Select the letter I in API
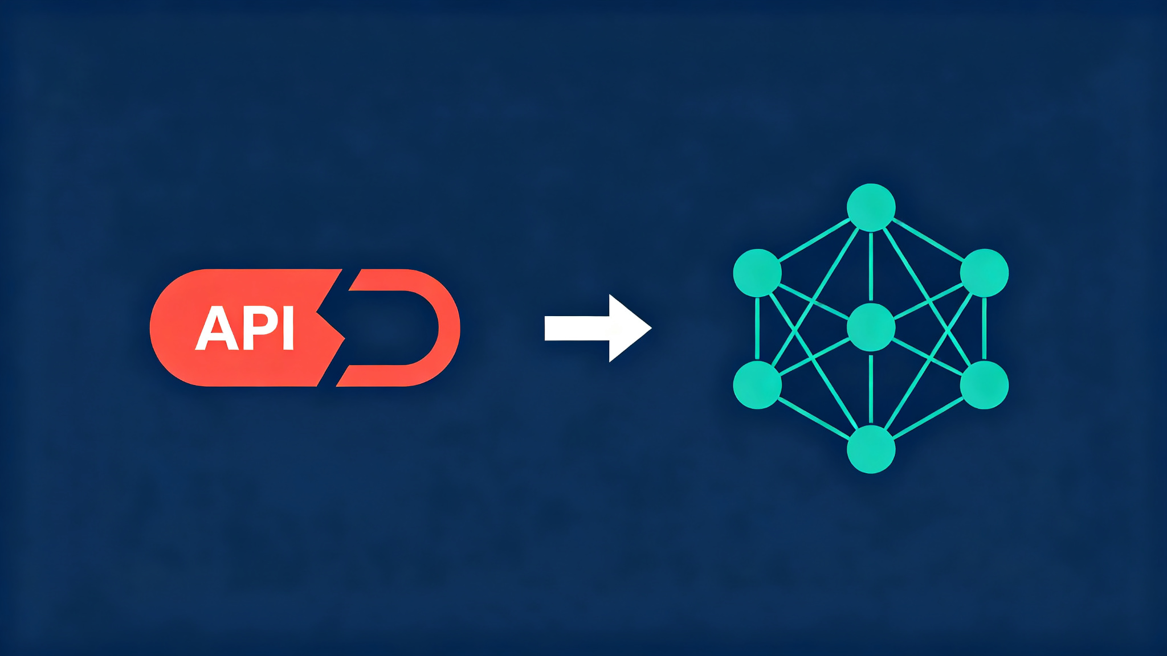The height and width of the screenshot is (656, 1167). point(288,328)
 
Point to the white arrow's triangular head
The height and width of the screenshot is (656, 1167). point(627,328)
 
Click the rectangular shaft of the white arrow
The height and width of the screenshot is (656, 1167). point(577,328)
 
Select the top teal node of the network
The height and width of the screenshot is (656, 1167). point(871,207)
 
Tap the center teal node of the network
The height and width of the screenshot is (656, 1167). point(871,327)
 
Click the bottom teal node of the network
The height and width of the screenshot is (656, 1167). point(871,449)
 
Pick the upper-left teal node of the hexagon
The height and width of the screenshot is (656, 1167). point(757,273)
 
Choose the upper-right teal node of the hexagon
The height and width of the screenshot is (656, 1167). point(984,273)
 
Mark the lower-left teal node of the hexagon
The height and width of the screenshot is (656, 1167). point(757,385)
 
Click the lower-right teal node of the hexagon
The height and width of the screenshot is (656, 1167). point(984,385)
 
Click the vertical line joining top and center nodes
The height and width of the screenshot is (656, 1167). point(871,267)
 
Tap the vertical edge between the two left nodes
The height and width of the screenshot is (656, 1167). point(757,329)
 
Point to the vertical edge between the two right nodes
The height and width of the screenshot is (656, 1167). point(984,329)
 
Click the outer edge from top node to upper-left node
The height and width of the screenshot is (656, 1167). point(814,240)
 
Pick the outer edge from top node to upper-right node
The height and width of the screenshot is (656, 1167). point(928,240)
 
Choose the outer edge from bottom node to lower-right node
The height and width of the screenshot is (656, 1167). point(928,417)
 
